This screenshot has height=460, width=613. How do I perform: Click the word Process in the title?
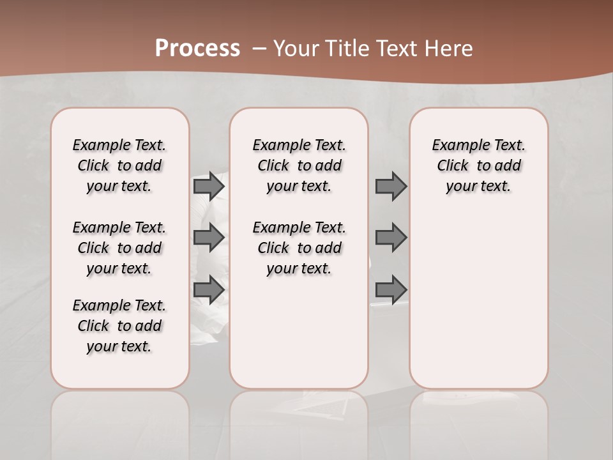[197, 49]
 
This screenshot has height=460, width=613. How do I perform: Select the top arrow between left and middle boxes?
[209, 186]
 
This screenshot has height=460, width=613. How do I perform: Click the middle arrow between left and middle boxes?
[209, 238]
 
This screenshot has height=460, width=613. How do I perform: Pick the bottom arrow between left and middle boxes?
[209, 289]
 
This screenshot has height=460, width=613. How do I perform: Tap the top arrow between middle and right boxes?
[391, 186]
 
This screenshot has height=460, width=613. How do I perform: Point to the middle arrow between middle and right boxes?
[391, 238]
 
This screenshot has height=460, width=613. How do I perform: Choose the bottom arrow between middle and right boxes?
[391, 289]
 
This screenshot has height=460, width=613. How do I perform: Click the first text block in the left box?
[119, 165]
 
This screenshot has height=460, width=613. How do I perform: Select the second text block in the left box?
[119, 248]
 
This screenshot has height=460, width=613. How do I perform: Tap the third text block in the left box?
[119, 326]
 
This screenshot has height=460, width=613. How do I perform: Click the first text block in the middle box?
[299, 165]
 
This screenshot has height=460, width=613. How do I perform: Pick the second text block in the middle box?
[299, 248]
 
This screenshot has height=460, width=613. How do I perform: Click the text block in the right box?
[479, 165]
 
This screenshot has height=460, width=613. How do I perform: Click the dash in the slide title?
[259, 49]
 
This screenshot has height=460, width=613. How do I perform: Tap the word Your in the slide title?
[297, 49]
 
